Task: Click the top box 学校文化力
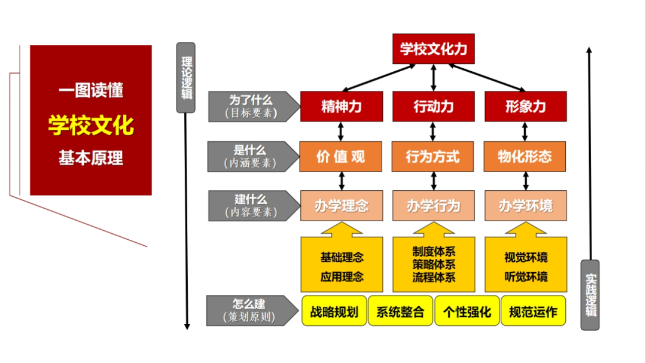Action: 434,49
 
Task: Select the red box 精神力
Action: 342,106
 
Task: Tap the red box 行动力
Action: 434,106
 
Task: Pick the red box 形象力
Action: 525,106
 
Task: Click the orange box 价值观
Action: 342,157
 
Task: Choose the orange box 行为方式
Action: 434,157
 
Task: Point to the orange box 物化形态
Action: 525,157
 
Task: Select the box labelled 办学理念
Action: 342,206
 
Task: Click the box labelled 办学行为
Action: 434,206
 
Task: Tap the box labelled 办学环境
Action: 525,206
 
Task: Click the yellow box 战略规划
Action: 334,311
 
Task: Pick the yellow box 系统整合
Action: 400,311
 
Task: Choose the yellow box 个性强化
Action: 467,311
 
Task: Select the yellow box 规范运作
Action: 533,311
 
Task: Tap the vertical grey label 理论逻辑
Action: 186,78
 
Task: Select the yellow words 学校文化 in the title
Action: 91,126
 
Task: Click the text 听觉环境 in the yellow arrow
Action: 526,276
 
